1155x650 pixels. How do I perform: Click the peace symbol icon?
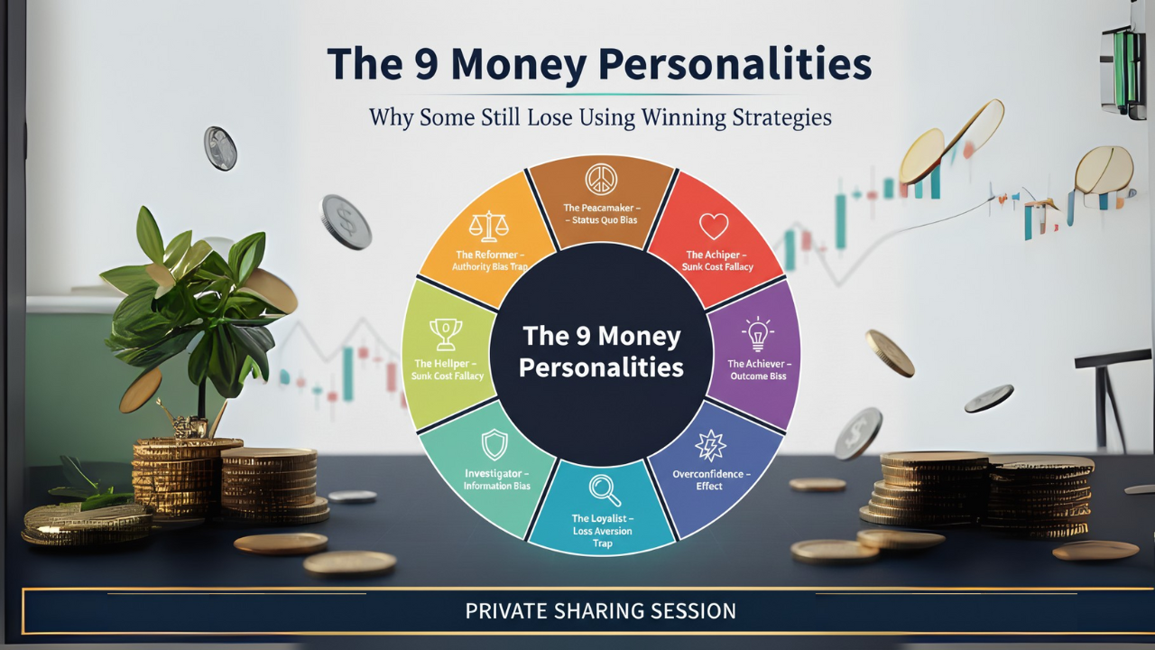tap(601, 180)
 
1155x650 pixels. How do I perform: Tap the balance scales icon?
tap(489, 227)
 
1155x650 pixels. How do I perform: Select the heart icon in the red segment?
tap(714, 227)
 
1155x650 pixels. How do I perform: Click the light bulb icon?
tap(757, 334)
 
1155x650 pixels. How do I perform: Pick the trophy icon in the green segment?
tap(446, 334)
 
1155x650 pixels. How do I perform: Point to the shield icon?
tap(494, 444)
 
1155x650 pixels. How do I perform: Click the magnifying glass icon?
tap(605, 490)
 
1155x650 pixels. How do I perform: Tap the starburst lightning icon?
tap(710, 445)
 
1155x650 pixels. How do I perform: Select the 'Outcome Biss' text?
tap(758, 376)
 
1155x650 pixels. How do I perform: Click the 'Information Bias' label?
tap(496, 486)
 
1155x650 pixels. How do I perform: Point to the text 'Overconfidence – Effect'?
tap(711, 479)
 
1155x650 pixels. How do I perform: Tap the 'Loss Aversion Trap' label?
tap(602, 537)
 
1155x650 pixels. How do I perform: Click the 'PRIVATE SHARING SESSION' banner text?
tap(601, 611)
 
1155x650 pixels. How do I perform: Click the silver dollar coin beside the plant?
tap(346, 222)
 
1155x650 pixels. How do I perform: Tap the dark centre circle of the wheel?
tap(601, 355)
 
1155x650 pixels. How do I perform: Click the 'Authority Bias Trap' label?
tap(490, 266)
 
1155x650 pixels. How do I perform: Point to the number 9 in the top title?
tap(427, 64)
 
